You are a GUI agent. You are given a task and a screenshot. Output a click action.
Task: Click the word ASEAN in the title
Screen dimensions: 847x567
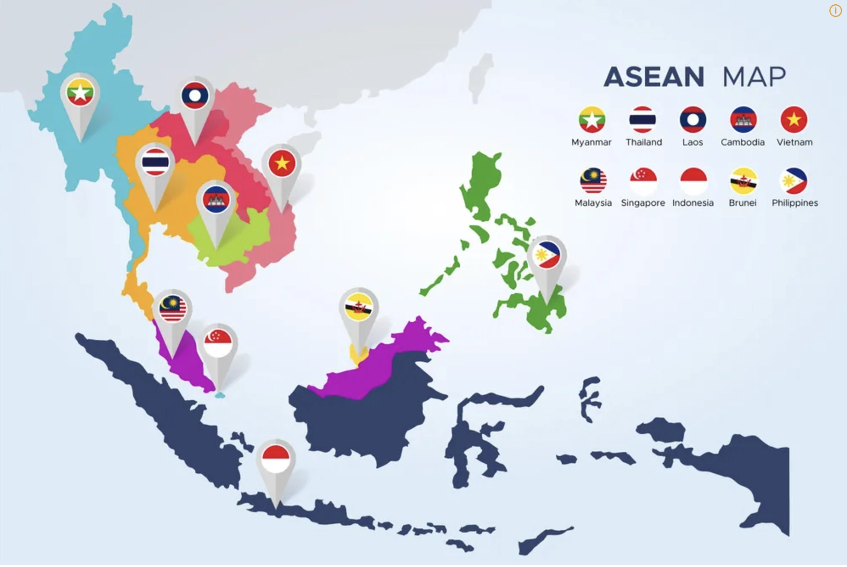coord(654,77)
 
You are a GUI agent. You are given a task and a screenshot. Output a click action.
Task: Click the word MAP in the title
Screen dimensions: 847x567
coord(754,77)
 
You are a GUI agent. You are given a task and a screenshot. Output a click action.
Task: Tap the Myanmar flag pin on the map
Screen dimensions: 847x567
coord(80,92)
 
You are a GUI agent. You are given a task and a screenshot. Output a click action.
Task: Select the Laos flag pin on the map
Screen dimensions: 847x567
coord(195,96)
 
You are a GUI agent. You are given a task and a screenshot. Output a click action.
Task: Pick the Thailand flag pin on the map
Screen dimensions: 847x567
coord(155,162)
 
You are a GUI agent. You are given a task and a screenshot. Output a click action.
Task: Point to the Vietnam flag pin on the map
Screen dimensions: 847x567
coord(282,163)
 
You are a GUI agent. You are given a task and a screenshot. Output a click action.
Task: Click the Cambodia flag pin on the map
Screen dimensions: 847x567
coord(216,200)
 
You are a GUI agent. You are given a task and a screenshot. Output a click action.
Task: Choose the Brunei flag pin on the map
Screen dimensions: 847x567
coord(359,307)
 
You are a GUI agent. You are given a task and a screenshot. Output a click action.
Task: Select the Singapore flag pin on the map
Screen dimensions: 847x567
coord(218,342)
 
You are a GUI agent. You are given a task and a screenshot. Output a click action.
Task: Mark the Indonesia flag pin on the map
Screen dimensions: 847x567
coord(276,459)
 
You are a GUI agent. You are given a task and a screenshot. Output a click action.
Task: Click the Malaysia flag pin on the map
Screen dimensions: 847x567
coord(172,309)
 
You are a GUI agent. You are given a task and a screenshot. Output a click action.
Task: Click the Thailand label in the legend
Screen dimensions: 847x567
coord(643,142)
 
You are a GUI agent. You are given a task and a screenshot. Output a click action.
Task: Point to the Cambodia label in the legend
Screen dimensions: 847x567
coord(742,142)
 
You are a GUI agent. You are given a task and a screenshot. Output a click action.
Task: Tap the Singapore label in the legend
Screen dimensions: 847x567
coord(643,203)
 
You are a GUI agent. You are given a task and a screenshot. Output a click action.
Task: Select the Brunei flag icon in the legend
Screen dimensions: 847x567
coord(743,181)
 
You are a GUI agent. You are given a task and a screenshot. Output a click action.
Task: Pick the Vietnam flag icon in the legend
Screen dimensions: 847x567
coord(794,120)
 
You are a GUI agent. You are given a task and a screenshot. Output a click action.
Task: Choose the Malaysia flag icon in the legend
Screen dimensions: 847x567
coord(593,181)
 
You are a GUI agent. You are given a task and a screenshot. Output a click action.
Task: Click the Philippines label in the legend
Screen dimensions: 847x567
coord(795,203)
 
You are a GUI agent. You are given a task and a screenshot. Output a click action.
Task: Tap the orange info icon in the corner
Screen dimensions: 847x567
coord(835,11)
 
